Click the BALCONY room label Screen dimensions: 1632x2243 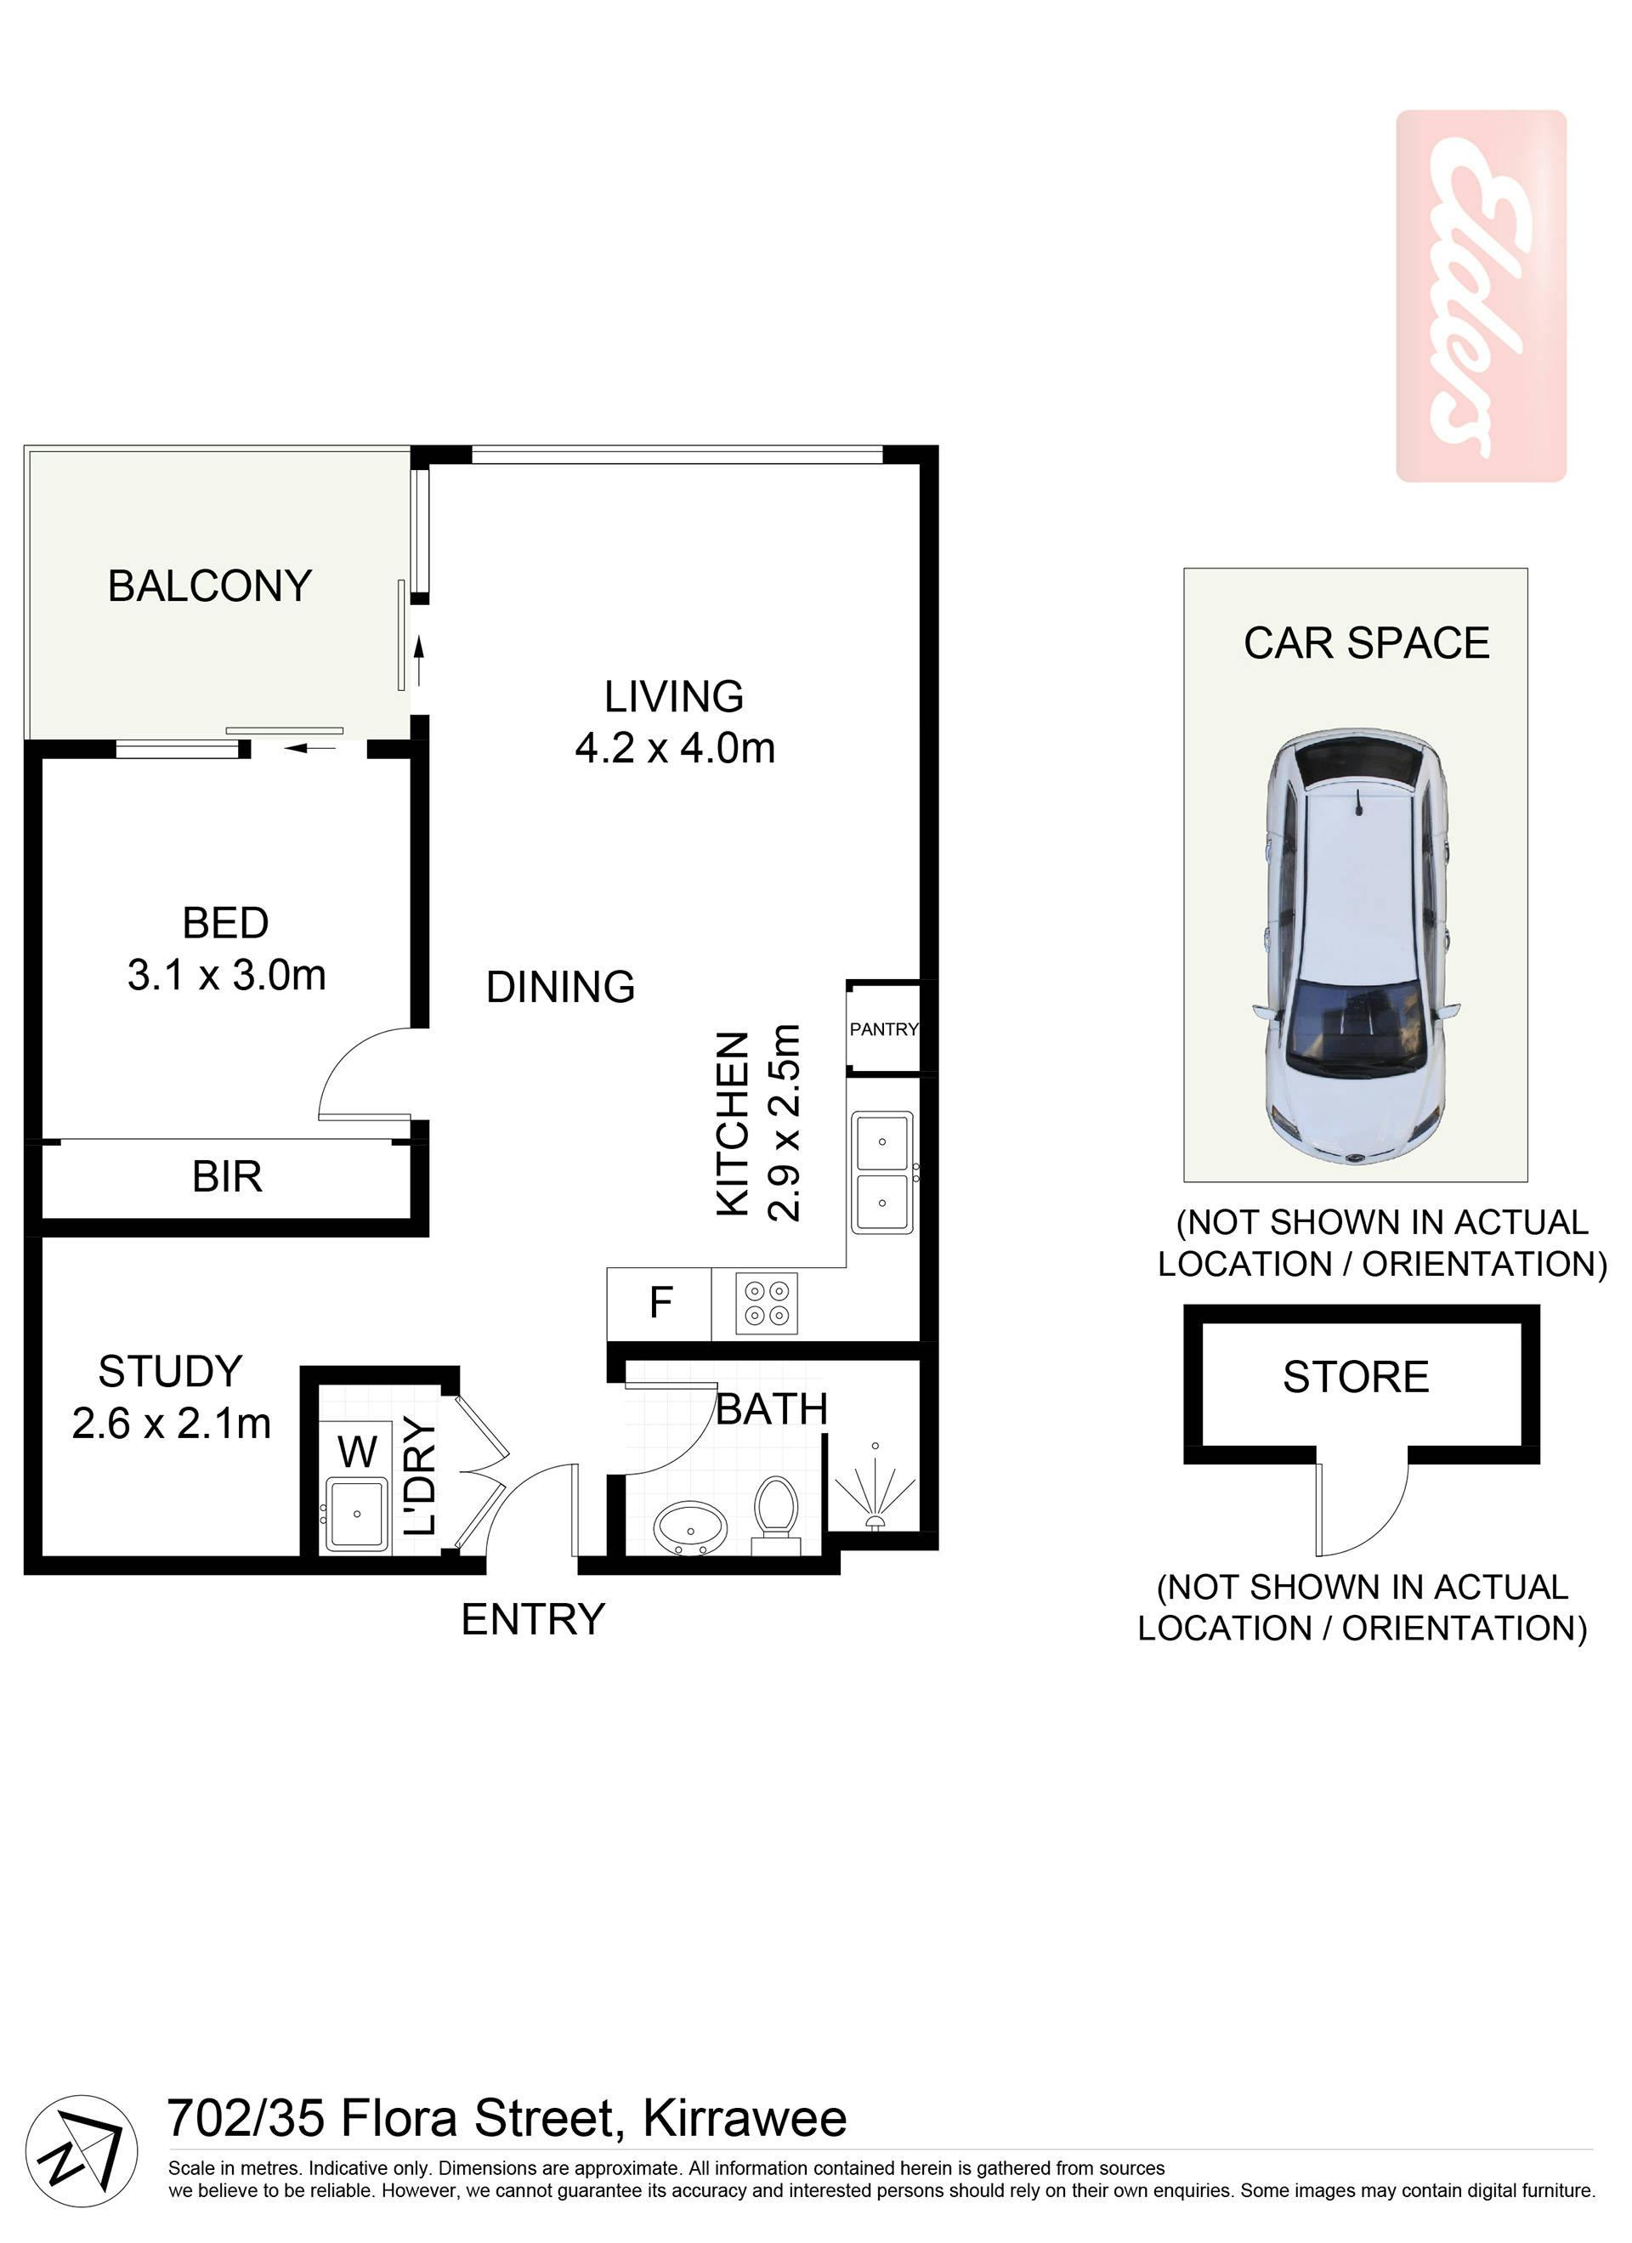click(x=210, y=586)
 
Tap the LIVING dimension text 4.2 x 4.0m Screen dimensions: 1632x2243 click(x=675, y=748)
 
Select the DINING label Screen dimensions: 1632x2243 click(x=561, y=987)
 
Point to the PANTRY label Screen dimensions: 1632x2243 click(x=884, y=1028)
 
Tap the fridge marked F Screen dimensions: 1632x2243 click(x=660, y=1304)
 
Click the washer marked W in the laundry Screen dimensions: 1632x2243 click(x=357, y=1451)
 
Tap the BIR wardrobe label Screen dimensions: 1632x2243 click(x=228, y=1177)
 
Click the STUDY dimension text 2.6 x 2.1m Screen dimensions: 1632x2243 click(x=171, y=1425)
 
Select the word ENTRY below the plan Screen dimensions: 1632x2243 click(x=533, y=1619)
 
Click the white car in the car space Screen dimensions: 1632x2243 click(x=1355, y=945)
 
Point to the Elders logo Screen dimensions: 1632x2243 click(x=1481, y=296)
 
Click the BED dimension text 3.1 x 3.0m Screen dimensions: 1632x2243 click(x=226, y=975)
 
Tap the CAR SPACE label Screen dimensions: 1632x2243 click(x=1366, y=643)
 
